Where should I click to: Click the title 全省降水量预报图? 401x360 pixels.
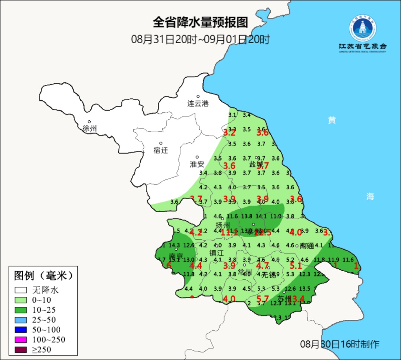[x=200, y=23]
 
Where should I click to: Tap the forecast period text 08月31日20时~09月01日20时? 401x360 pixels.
[x=200, y=39]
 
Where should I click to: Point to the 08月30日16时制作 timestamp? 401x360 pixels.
[x=340, y=344]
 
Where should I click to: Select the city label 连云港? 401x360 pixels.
[x=198, y=104]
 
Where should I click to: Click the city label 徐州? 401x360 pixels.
[x=89, y=129]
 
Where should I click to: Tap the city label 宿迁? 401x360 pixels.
[x=161, y=150]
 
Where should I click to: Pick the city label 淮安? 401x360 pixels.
[x=197, y=164]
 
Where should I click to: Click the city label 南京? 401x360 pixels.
[x=176, y=256]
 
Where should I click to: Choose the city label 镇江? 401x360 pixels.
[x=217, y=253]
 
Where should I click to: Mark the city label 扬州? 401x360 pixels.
[x=223, y=225]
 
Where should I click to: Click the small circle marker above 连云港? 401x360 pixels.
[x=198, y=97]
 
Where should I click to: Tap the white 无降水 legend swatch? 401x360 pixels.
[x=22, y=290]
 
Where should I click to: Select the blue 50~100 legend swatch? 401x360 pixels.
[x=22, y=330]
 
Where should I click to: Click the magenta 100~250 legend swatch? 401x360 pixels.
[x=22, y=340]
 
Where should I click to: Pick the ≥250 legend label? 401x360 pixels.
[x=42, y=350]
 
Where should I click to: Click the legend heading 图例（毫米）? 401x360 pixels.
[x=43, y=276]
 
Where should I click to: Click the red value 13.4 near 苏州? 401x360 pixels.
[x=297, y=299]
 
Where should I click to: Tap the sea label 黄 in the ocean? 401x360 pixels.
[x=332, y=120]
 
